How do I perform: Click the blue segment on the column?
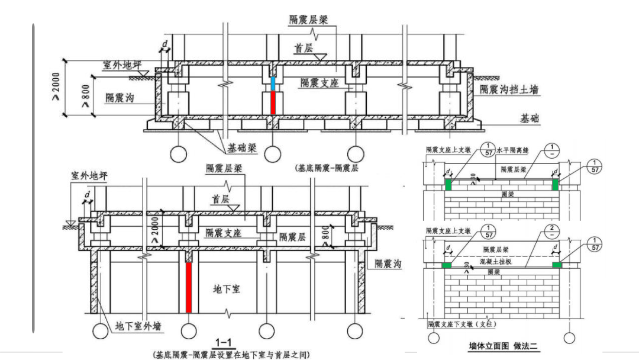point(272,83)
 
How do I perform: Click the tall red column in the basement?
point(189,287)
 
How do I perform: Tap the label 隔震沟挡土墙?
point(509,89)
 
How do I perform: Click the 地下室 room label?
point(227,290)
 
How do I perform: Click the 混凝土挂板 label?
point(499,260)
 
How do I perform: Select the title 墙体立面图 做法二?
point(502,346)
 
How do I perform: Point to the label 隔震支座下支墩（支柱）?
point(462,324)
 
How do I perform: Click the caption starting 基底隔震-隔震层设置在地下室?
point(231,354)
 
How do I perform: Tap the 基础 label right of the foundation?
point(530,119)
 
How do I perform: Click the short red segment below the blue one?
point(272,102)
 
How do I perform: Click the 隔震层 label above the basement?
point(292,237)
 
